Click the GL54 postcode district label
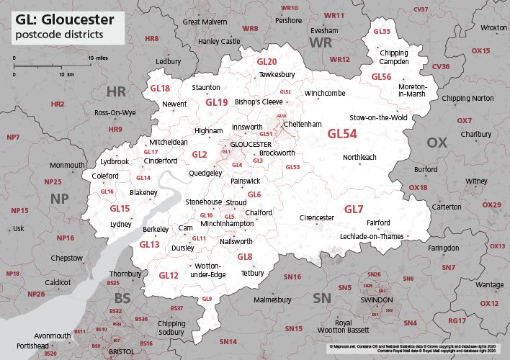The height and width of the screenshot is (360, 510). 342,134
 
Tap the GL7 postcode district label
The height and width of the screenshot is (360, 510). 353,210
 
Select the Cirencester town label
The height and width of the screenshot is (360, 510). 317,217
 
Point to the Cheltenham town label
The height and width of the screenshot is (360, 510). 303,125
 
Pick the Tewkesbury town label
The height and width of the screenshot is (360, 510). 277,75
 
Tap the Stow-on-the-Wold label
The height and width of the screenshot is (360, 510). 378,117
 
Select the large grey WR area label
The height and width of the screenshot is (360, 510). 320,45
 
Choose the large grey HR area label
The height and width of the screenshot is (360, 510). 116,91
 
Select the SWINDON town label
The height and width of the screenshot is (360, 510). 376,299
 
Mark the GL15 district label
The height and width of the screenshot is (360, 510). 120,209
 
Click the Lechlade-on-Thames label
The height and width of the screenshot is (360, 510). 372,236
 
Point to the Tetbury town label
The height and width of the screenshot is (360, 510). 252,274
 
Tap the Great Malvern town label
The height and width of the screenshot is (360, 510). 205,22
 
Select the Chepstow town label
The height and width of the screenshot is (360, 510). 67,258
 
